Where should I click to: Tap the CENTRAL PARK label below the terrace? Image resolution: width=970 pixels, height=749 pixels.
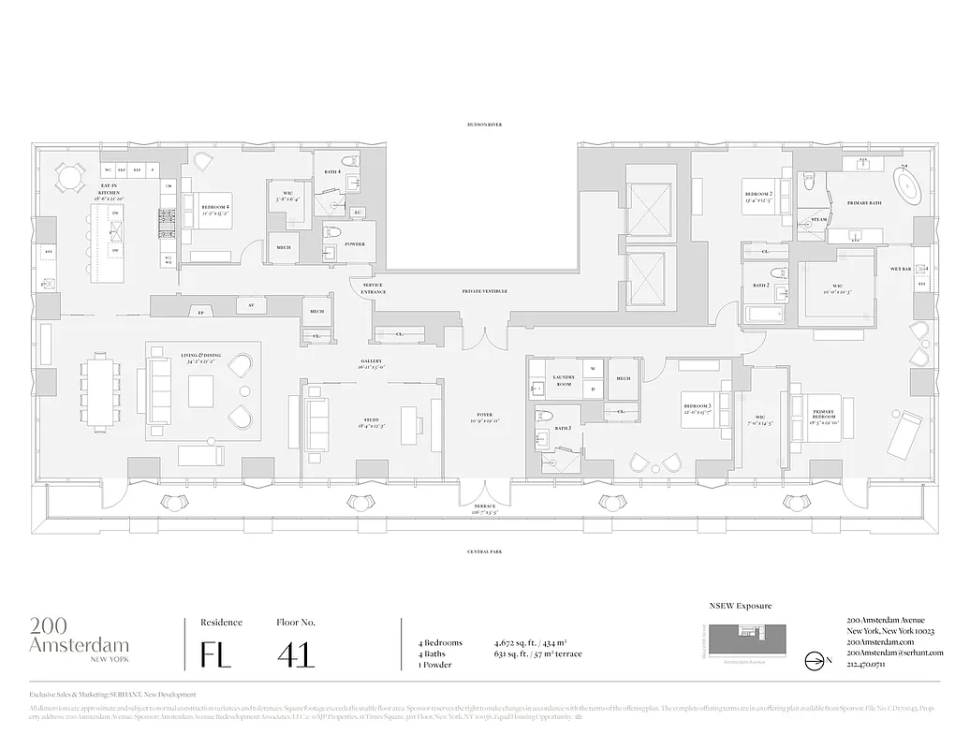pyautogui.click(x=485, y=552)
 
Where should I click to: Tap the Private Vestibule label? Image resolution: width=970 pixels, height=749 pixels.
pyautogui.click(x=485, y=291)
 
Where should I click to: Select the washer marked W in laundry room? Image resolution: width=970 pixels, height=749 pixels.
pyautogui.click(x=592, y=367)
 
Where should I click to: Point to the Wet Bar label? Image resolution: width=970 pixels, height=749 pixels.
pyautogui.click(x=901, y=269)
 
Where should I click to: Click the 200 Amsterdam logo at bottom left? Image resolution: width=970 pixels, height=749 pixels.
pyautogui.click(x=79, y=637)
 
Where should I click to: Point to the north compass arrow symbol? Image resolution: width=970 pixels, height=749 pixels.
pyautogui.click(x=815, y=658)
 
